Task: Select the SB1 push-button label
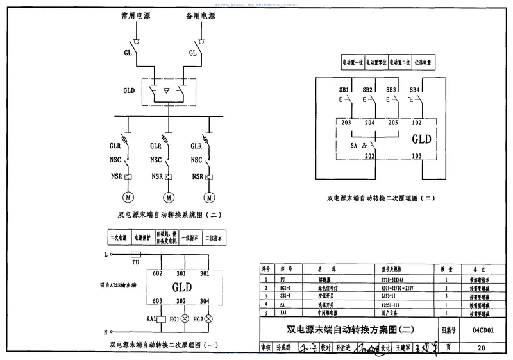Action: [344, 90]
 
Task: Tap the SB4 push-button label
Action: [414, 90]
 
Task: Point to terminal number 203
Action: [346, 122]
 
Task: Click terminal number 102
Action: [416, 122]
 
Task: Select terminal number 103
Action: [416, 155]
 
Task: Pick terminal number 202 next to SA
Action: [369, 155]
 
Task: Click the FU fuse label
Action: [135, 262]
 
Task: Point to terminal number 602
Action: [157, 274]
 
